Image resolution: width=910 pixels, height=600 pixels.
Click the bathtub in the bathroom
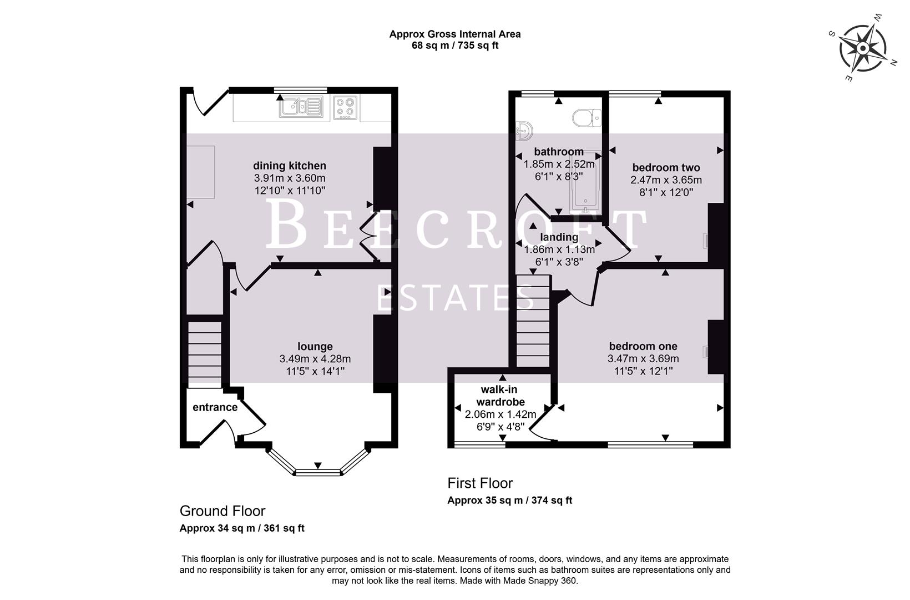[585, 183]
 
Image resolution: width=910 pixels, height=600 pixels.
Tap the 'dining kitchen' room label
[290, 166]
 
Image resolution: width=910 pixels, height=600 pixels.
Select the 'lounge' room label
[315, 347]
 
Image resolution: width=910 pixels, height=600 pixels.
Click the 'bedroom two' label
[666, 167]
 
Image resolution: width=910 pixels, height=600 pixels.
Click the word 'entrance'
[215, 407]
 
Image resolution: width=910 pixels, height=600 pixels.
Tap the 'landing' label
[559, 237]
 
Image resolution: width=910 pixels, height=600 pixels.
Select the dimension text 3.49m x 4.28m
[315, 359]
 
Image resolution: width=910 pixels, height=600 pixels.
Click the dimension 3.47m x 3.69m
[643, 359]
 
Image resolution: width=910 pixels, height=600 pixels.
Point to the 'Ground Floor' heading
[223, 511]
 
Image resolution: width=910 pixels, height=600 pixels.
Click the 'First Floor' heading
[480, 483]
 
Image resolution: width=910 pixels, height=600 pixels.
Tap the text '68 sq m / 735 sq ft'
[454, 46]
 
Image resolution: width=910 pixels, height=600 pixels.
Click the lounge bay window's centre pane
[317, 472]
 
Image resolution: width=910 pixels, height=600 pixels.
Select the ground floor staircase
[205, 353]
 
